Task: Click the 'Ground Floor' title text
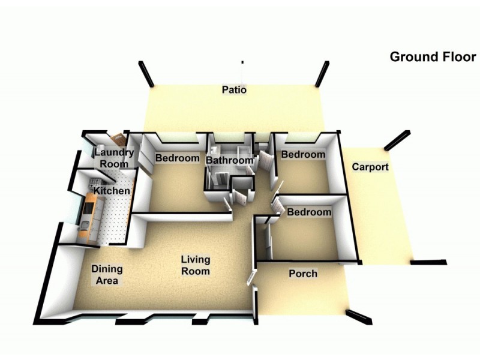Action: coord(433,57)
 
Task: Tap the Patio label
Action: coord(234,89)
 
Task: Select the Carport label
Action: coord(370,167)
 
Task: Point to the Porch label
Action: coord(303,274)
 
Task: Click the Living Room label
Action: coord(196,265)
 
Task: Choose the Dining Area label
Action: coord(107,275)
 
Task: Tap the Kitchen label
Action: coord(112,191)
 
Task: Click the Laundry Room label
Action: coord(114,158)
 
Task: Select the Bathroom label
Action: coord(230,160)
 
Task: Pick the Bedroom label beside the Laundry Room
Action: coord(177,158)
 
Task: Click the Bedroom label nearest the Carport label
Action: coord(303,154)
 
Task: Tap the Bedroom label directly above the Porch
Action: coord(309,212)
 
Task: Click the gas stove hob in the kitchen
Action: coord(95,183)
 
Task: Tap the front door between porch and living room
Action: coord(251,277)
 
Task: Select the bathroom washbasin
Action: coord(214,149)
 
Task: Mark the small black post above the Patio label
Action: coord(242,62)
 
